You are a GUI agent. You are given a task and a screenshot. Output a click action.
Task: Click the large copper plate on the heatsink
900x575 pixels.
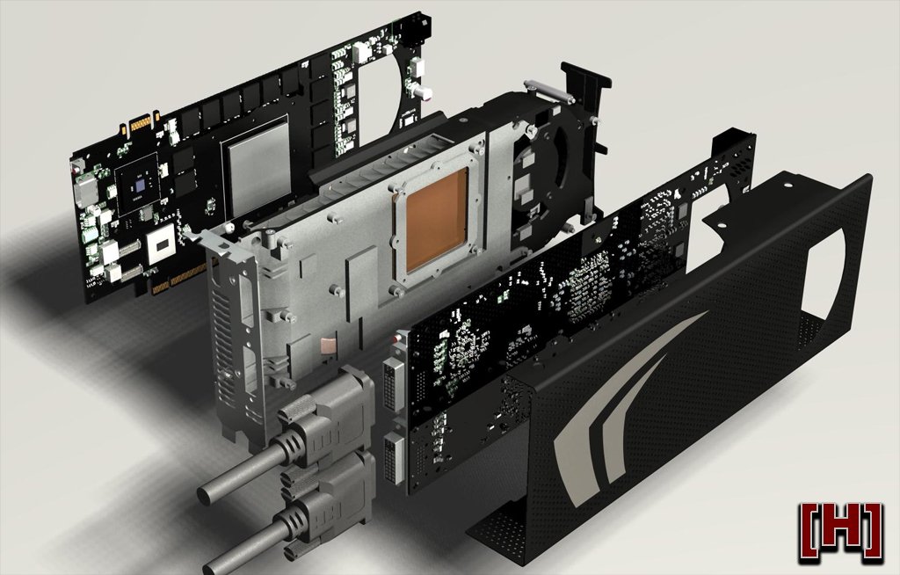(436, 222)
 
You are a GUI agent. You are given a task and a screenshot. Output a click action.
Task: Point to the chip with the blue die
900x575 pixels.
(138, 183)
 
